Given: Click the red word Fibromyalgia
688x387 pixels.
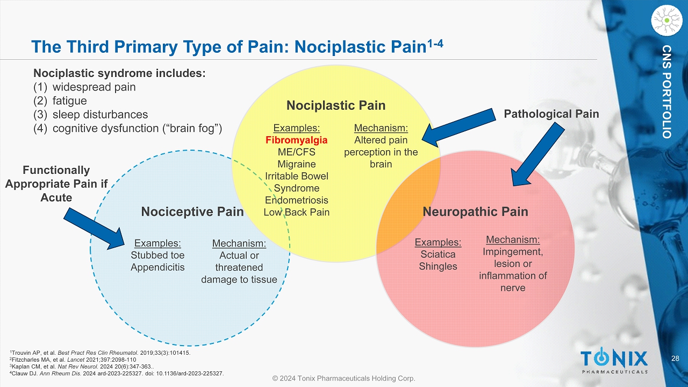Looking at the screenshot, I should click(x=297, y=140).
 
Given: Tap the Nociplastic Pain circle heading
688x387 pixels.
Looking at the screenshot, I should click(x=336, y=105).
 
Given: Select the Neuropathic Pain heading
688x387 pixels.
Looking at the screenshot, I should click(x=475, y=212).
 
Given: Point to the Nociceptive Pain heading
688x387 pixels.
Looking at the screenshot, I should click(x=192, y=212).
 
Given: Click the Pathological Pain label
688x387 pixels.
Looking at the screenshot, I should click(x=551, y=114).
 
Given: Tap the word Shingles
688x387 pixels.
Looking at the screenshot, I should click(x=438, y=266).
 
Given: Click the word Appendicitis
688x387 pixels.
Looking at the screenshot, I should click(x=157, y=267).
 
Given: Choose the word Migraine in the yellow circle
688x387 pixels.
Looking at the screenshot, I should click(x=297, y=164).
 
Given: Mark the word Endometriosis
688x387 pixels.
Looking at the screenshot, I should click(x=297, y=200).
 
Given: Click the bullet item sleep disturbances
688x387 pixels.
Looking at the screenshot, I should click(x=100, y=115).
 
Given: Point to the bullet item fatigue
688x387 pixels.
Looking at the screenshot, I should click(x=69, y=101).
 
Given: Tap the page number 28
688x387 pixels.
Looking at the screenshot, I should click(x=676, y=358).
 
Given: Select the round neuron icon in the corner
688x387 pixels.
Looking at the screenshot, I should click(x=666, y=20).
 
